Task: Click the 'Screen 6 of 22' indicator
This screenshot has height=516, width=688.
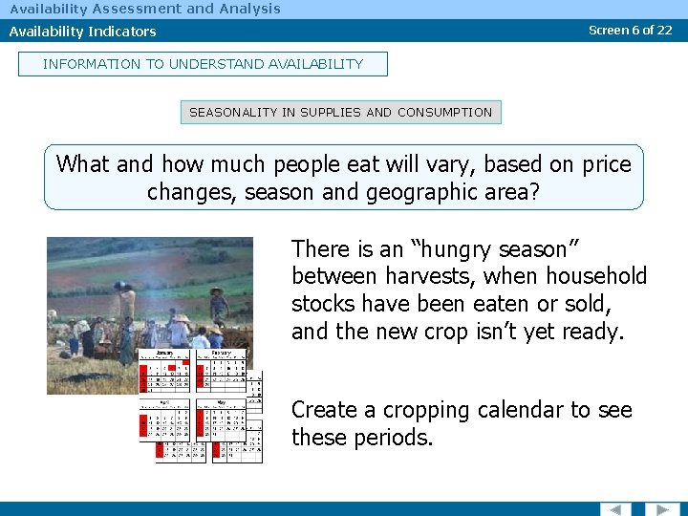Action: point(630,30)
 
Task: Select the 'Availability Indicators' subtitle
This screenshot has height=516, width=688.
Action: point(82,32)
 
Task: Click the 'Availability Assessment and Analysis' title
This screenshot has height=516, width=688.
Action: point(145,9)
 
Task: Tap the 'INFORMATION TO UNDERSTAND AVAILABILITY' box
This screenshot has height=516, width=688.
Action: point(203,64)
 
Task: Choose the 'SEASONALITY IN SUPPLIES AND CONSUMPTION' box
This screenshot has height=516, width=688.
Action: point(340,112)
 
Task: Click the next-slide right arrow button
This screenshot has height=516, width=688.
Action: point(661,508)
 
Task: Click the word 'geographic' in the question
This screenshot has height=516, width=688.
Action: point(417,192)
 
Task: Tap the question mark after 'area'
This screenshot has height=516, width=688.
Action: point(533,192)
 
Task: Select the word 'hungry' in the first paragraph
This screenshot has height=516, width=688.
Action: point(467,249)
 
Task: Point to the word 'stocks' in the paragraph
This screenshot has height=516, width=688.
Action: point(324,305)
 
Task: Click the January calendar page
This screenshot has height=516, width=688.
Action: point(166,371)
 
